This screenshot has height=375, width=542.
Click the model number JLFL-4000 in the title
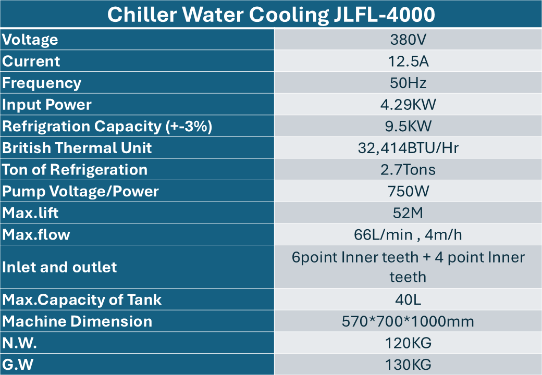pyautogui.click(x=383, y=15)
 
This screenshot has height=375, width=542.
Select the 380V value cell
pyautogui.click(x=408, y=40)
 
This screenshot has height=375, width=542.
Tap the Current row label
pyautogui.click(x=31, y=61)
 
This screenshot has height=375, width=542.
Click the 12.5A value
pyautogui.click(x=408, y=61)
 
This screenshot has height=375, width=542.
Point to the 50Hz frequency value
pyautogui.click(x=408, y=83)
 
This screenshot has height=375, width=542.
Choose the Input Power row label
pyautogui.click(x=47, y=105)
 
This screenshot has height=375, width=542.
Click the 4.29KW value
pyautogui.click(x=408, y=105)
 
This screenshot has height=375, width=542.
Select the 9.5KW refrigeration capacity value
pyautogui.click(x=408, y=127)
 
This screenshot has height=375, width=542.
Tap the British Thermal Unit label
pyautogui.click(x=77, y=148)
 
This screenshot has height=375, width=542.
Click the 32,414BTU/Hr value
pyautogui.click(x=408, y=148)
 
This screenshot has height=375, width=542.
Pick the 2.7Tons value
pyautogui.click(x=408, y=170)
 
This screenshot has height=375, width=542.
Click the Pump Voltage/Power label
pyautogui.click(x=81, y=192)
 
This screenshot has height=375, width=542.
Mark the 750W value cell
pyautogui.click(x=408, y=192)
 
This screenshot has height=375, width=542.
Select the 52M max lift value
pyautogui.click(x=408, y=213)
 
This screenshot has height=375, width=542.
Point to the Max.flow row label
pyautogui.click(x=36, y=235)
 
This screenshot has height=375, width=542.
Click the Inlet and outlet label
pyautogui.click(x=60, y=267)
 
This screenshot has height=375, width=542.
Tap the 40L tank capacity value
pyautogui.click(x=408, y=300)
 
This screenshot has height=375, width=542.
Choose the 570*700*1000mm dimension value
pyautogui.click(x=408, y=321)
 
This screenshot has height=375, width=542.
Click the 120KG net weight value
pyautogui.click(x=408, y=343)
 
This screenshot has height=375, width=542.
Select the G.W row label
pyautogui.click(x=18, y=365)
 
